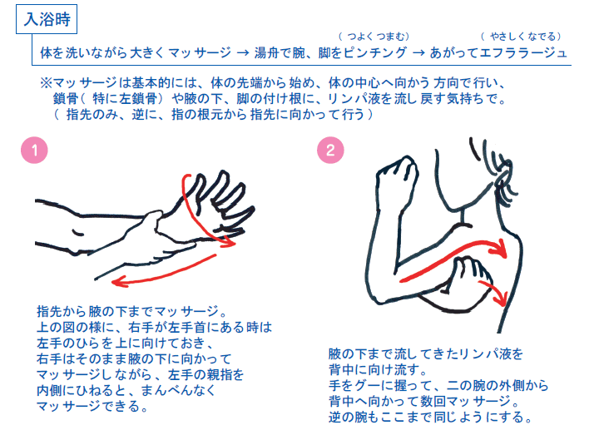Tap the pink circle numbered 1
click(33, 151)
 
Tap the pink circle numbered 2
click(330, 151)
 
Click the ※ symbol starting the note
click(46, 84)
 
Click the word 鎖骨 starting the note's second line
click(66, 100)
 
